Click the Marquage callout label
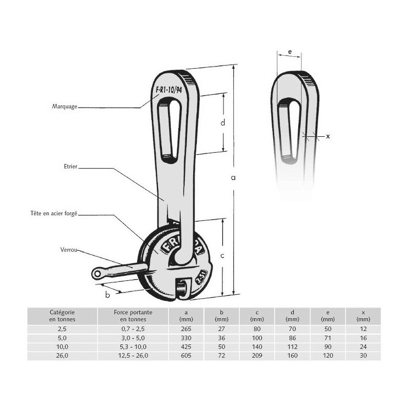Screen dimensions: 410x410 (x=65, y=107)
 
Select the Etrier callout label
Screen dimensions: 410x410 (x=72, y=167)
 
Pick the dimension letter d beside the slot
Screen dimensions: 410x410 (x=222, y=122)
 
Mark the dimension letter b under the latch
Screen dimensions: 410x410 (x=108, y=294)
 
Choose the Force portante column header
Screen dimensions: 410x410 (x=133, y=315)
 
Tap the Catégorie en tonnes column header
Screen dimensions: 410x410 (x=63, y=315)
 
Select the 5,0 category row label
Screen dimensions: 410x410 (x=63, y=338)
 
